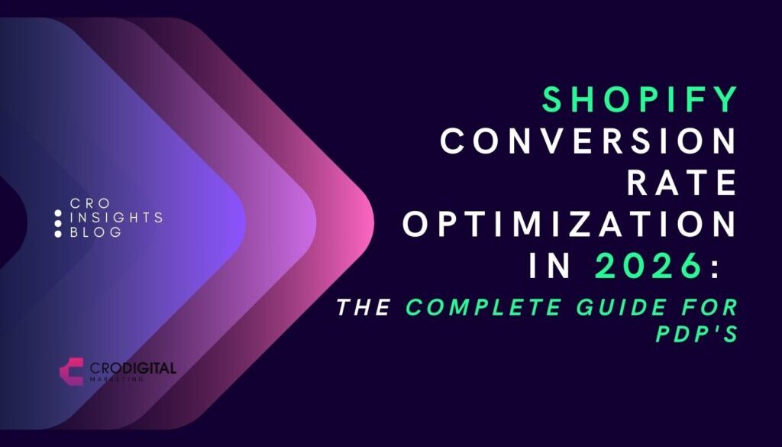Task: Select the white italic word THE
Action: [x=364, y=308]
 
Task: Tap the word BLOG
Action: [x=95, y=232]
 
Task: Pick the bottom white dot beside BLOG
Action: [x=58, y=233]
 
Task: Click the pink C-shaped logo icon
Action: [x=71, y=371]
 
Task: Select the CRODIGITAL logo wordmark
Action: [x=131, y=368]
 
